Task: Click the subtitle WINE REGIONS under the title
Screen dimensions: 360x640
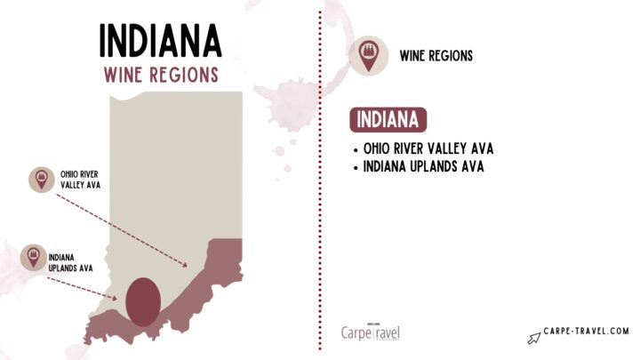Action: (x=160, y=75)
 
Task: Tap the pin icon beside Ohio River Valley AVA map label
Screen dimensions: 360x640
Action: (x=41, y=179)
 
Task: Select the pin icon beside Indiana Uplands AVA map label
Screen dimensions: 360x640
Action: (x=33, y=258)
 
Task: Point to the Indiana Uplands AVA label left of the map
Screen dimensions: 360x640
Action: (x=68, y=259)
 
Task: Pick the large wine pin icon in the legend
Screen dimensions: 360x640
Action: (x=367, y=55)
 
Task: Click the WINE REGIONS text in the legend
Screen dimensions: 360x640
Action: (x=436, y=56)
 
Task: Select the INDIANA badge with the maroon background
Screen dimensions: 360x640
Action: (x=389, y=119)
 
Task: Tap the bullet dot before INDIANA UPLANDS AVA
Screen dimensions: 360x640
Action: (x=356, y=166)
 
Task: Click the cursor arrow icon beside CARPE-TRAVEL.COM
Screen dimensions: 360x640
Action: (x=535, y=336)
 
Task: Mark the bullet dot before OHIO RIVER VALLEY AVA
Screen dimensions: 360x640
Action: (x=356, y=148)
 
